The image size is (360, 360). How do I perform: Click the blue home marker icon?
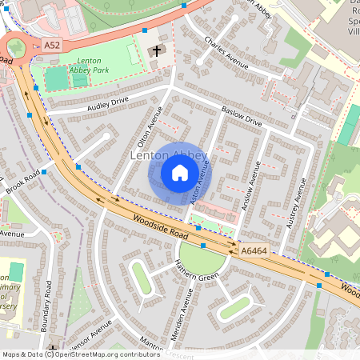[180, 172]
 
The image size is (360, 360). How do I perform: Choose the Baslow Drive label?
[242, 117]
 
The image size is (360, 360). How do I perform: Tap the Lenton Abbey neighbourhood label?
[169, 155]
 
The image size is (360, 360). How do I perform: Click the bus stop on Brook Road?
[45, 171]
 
